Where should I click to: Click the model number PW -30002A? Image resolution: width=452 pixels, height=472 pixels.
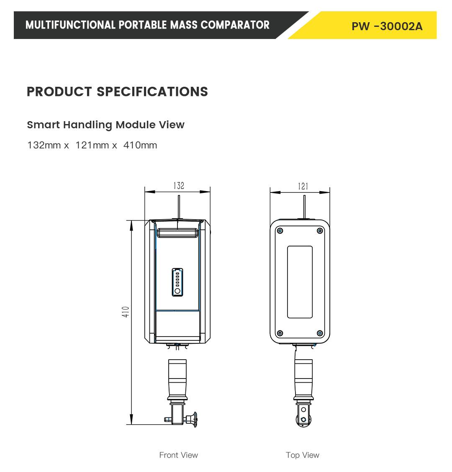(387, 26)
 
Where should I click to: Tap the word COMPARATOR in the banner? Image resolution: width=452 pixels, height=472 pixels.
(235, 25)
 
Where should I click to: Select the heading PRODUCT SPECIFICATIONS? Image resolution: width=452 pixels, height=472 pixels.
(117, 91)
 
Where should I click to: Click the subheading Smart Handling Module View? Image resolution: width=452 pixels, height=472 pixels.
(105, 124)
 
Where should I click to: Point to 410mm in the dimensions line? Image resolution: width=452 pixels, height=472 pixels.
(140, 145)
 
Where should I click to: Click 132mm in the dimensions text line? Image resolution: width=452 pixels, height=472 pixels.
(44, 145)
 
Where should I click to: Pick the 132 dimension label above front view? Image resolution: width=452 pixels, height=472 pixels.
(179, 185)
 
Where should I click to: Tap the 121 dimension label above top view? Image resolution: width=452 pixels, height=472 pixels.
(303, 187)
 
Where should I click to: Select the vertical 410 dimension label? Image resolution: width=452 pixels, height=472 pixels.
(126, 311)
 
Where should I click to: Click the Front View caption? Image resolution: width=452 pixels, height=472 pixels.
(179, 455)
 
